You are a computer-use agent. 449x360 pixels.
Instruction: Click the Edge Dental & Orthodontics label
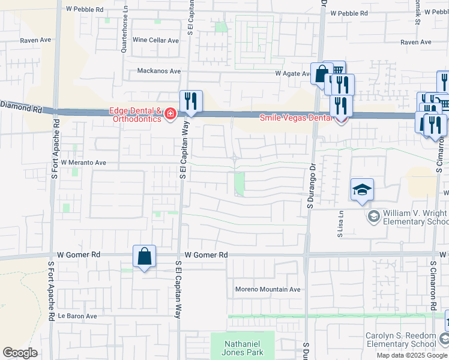135,115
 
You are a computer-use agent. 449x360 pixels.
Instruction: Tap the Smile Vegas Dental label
296,118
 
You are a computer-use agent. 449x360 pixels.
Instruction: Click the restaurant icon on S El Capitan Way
191,101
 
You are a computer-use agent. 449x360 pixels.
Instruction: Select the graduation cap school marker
363,190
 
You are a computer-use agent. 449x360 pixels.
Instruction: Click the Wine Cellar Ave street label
156,41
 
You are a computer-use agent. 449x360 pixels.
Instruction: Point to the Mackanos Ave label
159,71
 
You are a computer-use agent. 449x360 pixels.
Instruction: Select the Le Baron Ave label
77,316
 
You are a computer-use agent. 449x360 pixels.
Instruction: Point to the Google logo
20,353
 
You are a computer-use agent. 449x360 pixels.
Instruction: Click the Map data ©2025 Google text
412,355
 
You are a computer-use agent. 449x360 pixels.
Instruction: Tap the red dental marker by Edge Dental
170,113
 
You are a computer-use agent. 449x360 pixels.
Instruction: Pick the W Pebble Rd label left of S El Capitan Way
85,10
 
